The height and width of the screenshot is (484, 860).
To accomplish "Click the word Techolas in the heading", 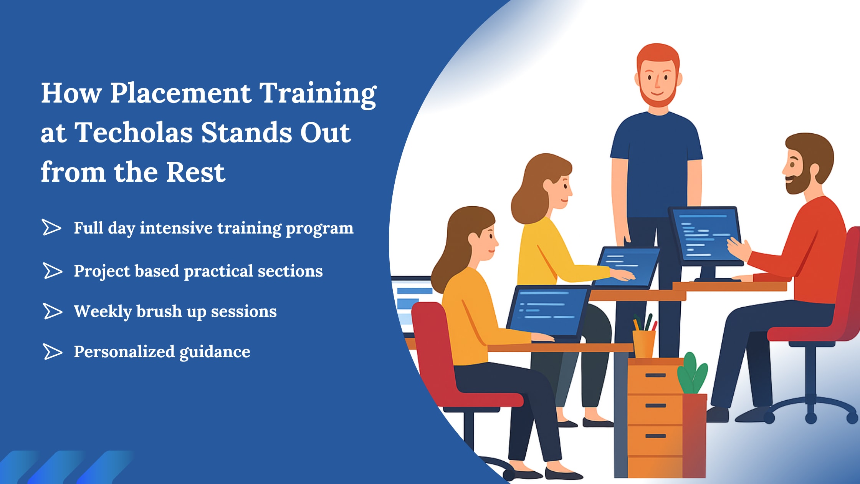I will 133,133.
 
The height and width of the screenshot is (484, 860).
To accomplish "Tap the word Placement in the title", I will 180,93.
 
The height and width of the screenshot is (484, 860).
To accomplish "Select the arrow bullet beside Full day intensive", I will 51,227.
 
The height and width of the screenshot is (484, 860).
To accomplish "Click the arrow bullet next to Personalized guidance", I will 52,351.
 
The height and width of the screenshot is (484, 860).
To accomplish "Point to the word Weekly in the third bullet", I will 103,312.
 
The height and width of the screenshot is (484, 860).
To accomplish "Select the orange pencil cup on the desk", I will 644,343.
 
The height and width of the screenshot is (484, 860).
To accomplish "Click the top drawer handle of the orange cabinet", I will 655,375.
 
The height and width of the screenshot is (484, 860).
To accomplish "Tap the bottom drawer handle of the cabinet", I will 655,436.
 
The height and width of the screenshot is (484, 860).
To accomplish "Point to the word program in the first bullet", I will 319,228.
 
